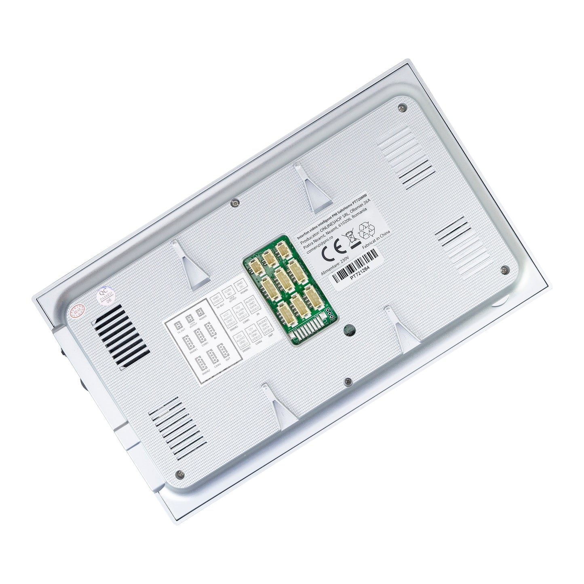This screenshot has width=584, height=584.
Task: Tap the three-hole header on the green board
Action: pyautogui.click(x=330, y=313)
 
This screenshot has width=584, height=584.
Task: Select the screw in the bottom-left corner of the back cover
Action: pyautogui.click(x=180, y=474)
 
